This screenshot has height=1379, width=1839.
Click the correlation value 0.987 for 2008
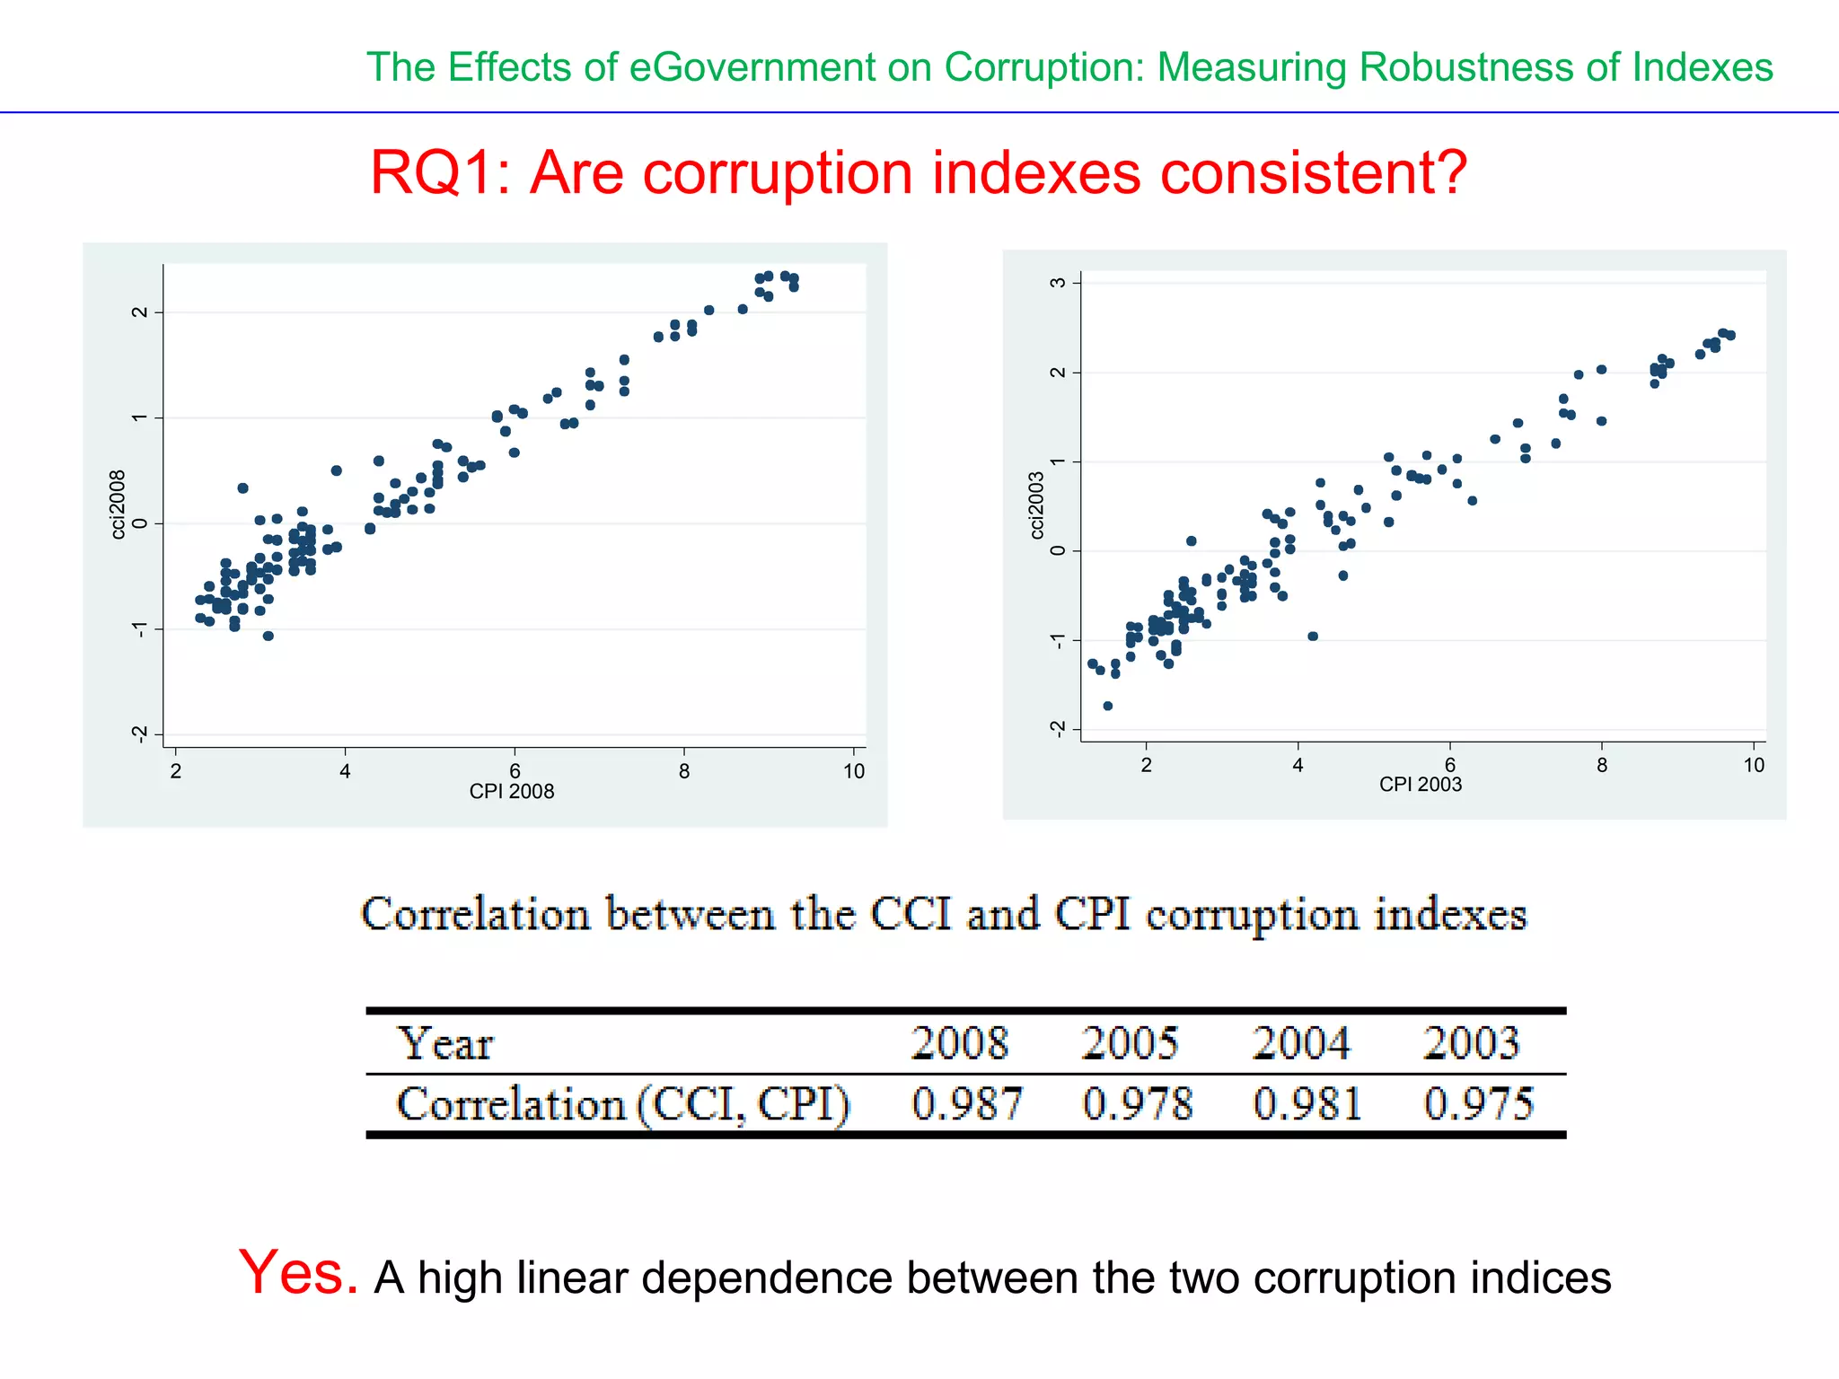click(967, 1103)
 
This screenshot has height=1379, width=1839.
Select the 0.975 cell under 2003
click(1478, 1103)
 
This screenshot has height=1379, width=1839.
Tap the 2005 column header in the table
click(1130, 1043)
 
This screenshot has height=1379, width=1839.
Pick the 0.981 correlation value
click(1307, 1103)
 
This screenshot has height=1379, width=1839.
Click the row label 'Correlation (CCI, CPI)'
click(623, 1103)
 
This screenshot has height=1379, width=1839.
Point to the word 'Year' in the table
click(445, 1043)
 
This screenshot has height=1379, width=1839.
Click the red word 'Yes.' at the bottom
click(298, 1272)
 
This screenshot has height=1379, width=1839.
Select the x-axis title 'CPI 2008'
click(512, 792)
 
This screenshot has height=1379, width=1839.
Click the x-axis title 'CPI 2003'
click(1421, 785)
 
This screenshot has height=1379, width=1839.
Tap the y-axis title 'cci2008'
click(118, 505)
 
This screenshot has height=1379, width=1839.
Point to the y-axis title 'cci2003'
click(1037, 505)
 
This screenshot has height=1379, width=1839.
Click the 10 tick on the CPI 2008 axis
click(854, 771)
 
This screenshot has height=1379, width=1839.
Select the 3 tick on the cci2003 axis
click(1059, 282)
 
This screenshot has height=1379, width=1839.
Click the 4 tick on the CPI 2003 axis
click(1298, 766)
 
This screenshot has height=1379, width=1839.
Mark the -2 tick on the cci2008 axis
click(139, 734)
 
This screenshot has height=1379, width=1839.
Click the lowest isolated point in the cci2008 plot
click(268, 636)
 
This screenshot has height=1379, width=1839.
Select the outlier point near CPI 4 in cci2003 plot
click(1313, 636)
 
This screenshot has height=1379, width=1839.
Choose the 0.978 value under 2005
click(1138, 1103)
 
